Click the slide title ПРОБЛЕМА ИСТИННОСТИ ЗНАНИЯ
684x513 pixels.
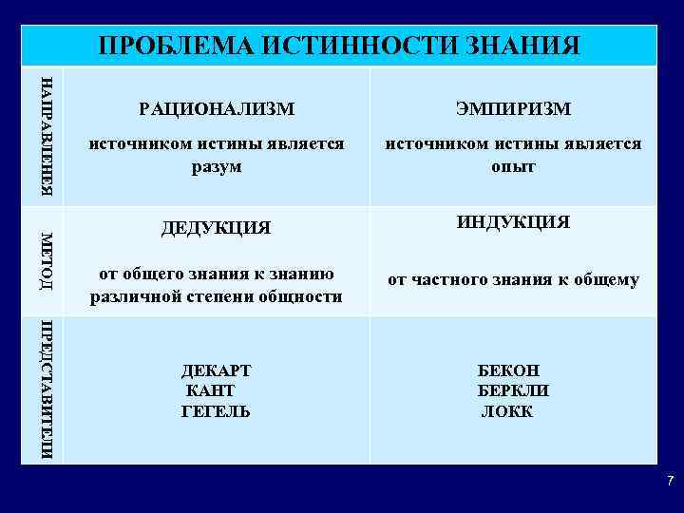(339, 45)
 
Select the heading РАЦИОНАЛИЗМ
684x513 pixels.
(217, 109)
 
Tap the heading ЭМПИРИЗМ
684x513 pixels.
(513, 109)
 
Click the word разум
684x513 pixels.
(217, 166)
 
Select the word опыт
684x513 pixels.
(513, 166)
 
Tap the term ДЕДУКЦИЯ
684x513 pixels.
(217, 228)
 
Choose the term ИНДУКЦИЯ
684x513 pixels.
(513, 222)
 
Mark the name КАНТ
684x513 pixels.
(211, 390)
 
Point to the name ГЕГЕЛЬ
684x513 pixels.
(216, 411)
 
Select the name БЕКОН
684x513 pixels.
(508, 370)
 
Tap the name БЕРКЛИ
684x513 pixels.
(513, 390)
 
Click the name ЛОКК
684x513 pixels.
(507, 411)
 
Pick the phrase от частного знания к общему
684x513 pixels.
(513, 280)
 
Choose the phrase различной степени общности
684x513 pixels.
(217, 296)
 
